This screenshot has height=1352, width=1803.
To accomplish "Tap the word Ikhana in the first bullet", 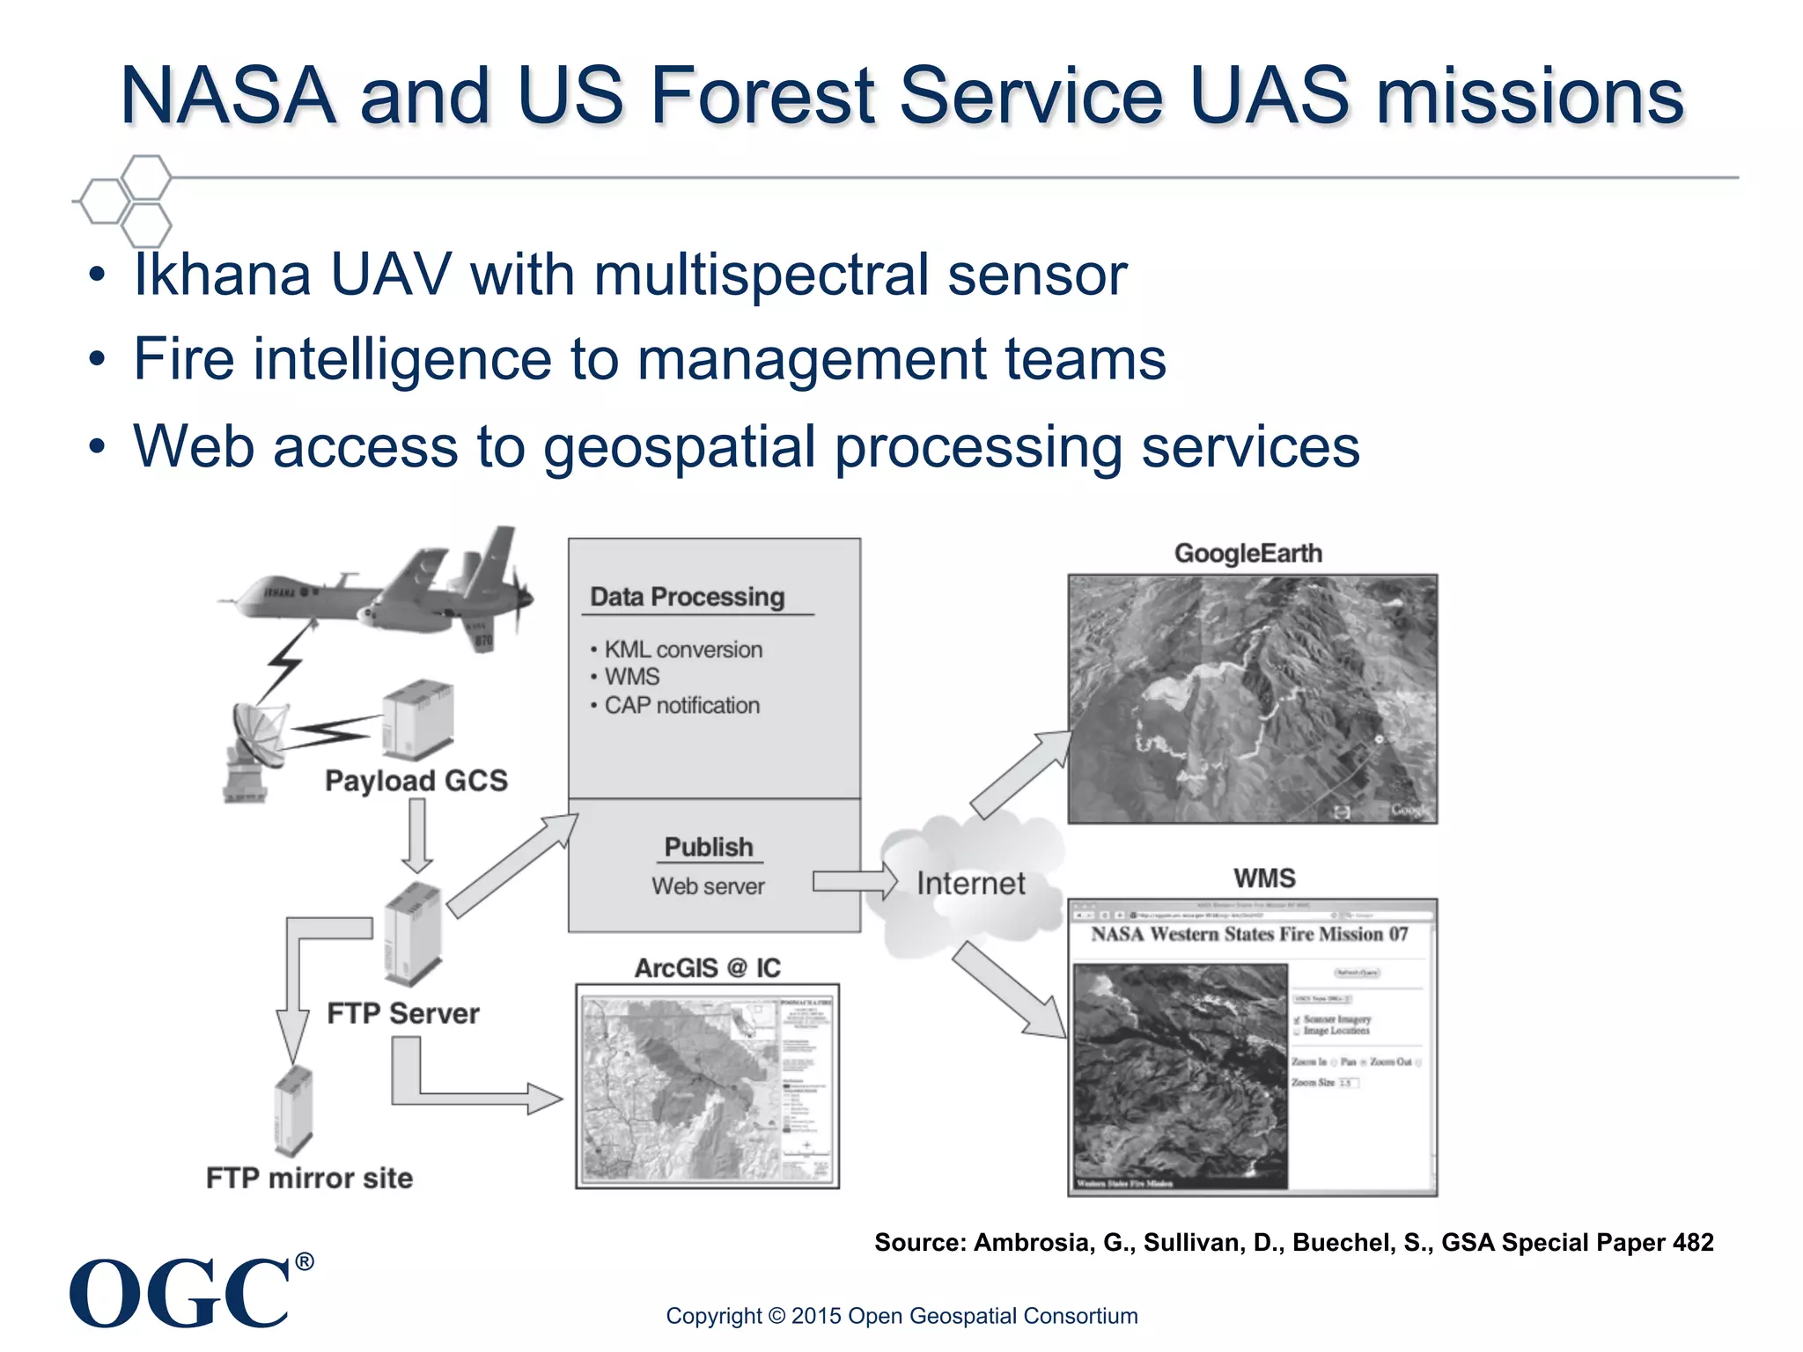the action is point(222,275).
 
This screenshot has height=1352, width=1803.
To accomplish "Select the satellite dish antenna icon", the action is point(253,748).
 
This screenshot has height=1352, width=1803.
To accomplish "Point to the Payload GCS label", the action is point(416,781).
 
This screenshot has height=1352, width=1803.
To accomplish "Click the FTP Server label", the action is point(403,1013).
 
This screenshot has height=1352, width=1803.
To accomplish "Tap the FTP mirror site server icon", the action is point(293,1111).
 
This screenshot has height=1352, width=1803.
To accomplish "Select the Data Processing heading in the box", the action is point(687,597).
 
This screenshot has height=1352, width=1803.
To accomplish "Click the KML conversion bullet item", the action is point(682,650).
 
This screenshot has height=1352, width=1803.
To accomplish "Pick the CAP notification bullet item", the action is point(681,705).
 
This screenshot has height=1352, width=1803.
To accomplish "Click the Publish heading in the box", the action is point(709,847).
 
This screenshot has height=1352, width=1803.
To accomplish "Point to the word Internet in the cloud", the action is point(970,883).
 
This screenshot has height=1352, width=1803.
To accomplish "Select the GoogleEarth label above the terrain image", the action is point(1247,554).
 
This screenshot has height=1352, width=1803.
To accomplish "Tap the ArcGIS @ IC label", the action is point(707,968).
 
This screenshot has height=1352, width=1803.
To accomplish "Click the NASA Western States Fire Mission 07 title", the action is point(1249,934).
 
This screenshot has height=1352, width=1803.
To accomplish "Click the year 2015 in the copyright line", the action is point(814,1316).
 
